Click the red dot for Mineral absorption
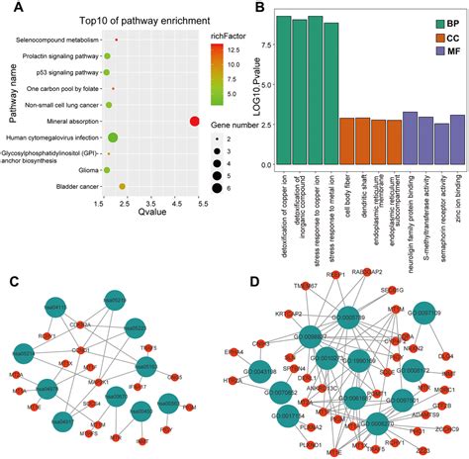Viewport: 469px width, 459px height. click(x=195, y=121)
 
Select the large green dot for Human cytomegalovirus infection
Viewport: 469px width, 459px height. click(x=113, y=138)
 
